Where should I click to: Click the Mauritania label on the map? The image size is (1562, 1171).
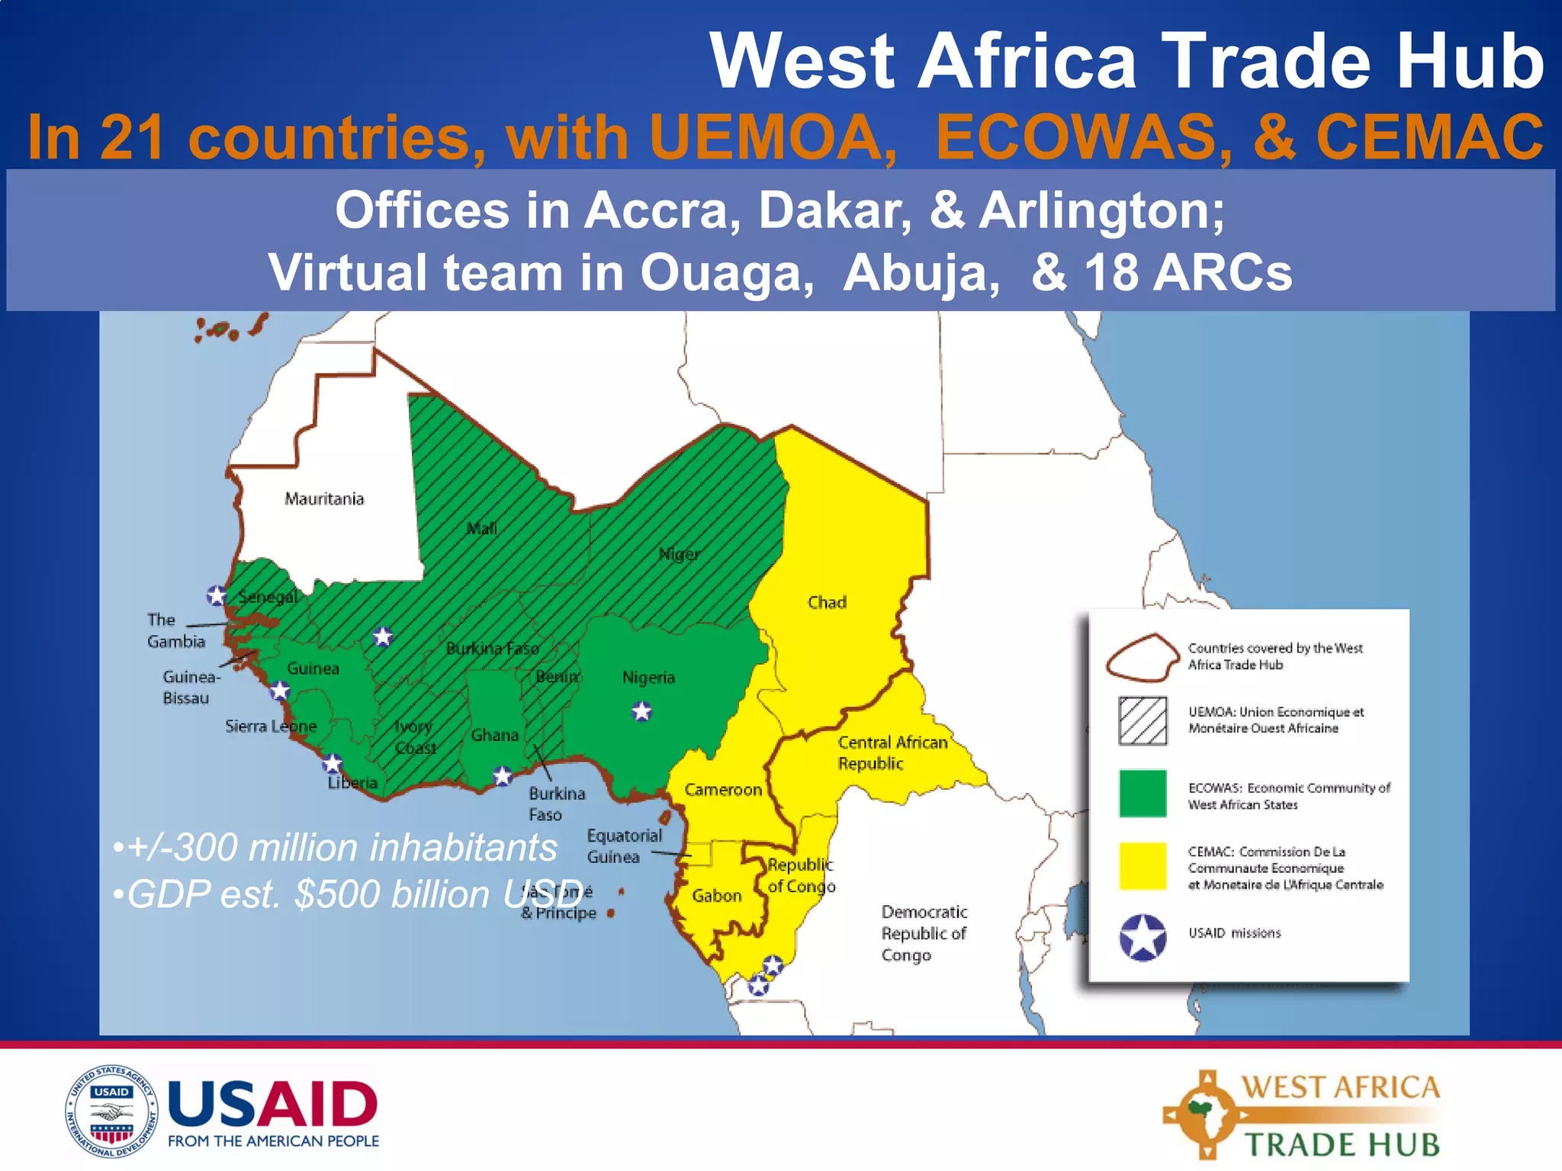(324, 499)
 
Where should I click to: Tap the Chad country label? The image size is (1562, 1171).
(827, 602)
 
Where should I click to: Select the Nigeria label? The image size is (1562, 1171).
(648, 677)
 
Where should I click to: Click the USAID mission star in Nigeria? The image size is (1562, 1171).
(642, 711)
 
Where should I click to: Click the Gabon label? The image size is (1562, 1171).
(716, 896)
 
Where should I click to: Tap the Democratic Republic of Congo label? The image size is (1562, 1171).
(923, 933)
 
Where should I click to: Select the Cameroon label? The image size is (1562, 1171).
(723, 790)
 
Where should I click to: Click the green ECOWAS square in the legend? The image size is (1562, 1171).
(1143, 794)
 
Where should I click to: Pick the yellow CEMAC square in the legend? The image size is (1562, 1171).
(1143, 866)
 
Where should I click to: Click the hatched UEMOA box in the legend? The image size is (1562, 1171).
(1143, 720)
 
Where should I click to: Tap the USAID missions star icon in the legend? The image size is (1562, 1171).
(1143, 937)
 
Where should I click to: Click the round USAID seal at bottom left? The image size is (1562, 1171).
(111, 1112)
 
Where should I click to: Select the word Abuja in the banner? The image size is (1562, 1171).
(921, 272)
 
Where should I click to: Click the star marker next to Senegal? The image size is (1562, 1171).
(217, 595)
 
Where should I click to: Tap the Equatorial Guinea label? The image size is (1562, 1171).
(623, 846)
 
